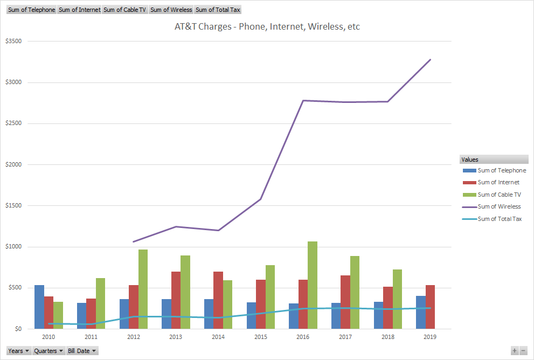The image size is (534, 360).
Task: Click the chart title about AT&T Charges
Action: pyautogui.click(x=267, y=26)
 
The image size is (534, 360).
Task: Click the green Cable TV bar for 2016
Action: pyautogui.click(x=313, y=285)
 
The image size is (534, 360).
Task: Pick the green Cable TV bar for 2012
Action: pyautogui.click(x=143, y=289)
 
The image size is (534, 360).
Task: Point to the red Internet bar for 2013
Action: pyautogui.click(x=176, y=300)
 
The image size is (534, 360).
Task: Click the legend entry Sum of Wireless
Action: pyautogui.click(x=499, y=206)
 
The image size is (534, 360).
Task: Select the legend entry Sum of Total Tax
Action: pyautogui.click(x=500, y=219)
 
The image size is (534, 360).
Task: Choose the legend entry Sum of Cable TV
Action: pyautogui.click(x=499, y=195)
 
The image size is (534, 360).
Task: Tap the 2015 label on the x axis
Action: pyautogui.click(x=260, y=337)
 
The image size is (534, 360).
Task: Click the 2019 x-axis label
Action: pyautogui.click(x=429, y=337)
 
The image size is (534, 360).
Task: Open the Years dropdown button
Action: pyautogui.click(x=18, y=351)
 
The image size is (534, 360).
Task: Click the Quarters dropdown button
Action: pyautogui.click(x=48, y=351)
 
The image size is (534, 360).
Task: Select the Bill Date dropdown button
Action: pyautogui.click(x=82, y=351)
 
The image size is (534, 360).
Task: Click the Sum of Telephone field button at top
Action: pyautogui.click(x=31, y=10)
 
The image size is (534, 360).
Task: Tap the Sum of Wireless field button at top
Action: pyautogui.click(x=171, y=10)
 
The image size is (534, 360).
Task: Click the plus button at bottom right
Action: pyautogui.click(x=515, y=351)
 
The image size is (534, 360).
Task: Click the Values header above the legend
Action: pyautogui.click(x=470, y=160)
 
